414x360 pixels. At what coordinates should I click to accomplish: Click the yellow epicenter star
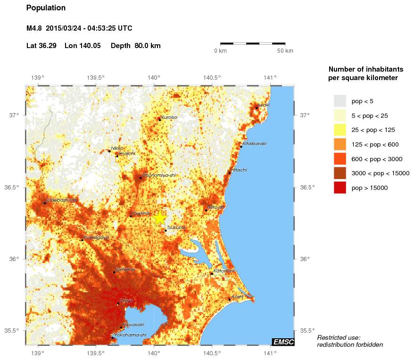pyautogui.click(x=160, y=218)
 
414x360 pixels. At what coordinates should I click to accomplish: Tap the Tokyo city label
pyautogui.click(x=126, y=301)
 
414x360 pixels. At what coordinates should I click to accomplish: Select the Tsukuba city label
pyautogui.click(x=176, y=228)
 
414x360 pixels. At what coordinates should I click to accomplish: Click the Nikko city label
pyautogui.click(x=117, y=148)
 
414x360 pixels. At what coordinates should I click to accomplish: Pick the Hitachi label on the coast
pyautogui.click(x=239, y=170)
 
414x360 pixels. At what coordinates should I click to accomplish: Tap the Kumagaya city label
pyautogui.click(x=96, y=237)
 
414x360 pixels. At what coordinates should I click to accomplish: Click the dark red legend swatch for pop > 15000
pyautogui.click(x=339, y=188)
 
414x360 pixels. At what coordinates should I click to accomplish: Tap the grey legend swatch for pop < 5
pyautogui.click(x=339, y=100)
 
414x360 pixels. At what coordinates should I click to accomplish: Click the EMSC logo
pyautogui.click(x=283, y=342)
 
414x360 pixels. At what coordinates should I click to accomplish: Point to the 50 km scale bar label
pyautogui.click(x=285, y=51)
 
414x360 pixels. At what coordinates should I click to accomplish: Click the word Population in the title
pyautogui.click(x=46, y=8)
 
